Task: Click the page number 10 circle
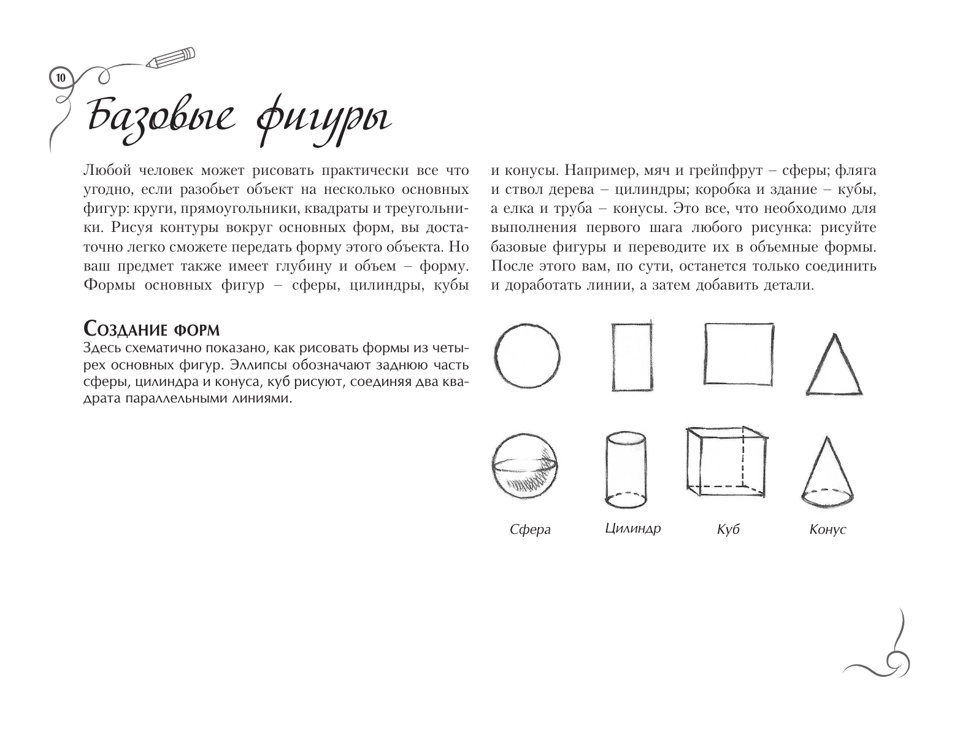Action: point(60,78)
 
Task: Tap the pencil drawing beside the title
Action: point(171,57)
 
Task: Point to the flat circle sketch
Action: point(528,356)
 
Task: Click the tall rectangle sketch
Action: point(632,356)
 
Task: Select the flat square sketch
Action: point(738,353)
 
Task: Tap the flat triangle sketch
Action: point(834,366)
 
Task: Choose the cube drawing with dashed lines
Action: point(726,461)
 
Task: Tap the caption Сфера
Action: point(531,530)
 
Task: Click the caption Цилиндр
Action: point(632,528)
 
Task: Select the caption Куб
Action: point(728,530)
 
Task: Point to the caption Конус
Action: point(828,530)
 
